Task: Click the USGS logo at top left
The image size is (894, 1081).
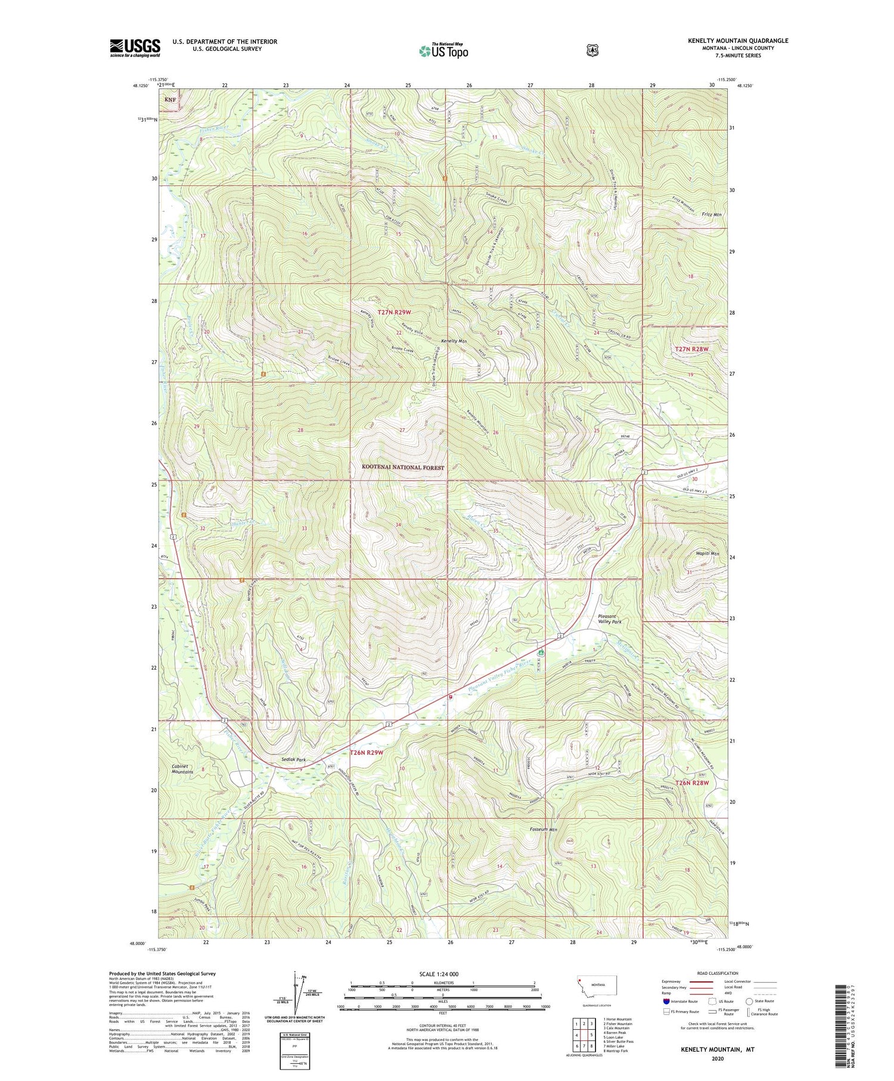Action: click(135, 48)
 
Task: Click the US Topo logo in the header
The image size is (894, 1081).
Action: click(443, 51)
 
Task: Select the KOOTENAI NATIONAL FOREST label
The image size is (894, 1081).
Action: click(403, 468)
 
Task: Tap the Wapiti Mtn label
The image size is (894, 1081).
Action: click(707, 554)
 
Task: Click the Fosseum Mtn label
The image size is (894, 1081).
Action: click(543, 829)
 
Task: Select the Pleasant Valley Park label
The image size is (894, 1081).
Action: click(609, 619)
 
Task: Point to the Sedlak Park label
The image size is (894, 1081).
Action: click(293, 760)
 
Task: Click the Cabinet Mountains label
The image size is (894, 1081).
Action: click(182, 769)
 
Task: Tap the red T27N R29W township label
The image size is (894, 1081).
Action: click(394, 312)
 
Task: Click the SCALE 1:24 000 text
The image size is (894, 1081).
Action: click(442, 974)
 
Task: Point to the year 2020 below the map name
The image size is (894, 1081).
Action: click(718, 1059)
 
